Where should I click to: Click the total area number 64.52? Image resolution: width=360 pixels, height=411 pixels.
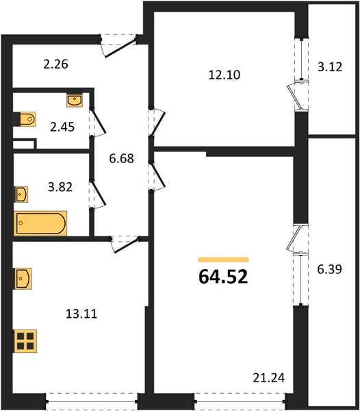pyautogui.click(x=223, y=277)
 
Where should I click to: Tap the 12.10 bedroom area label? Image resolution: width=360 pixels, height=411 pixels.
pyautogui.click(x=224, y=75)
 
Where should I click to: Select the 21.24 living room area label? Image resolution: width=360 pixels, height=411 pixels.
pyautogui.click(x=268, y=378)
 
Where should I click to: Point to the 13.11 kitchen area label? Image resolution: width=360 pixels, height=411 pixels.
pyautogui.click(x=81, y=314)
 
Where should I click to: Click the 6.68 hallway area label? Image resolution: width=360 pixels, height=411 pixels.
pyautogui.click(x=122, y=158)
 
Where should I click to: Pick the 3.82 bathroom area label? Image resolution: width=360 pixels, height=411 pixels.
pyautogui.click(x=60, y=187)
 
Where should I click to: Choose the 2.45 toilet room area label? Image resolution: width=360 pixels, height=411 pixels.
pyautogui.click(x=62, y=127)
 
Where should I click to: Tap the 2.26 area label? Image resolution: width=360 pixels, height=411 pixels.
pyautogui.click(x=55, y=64)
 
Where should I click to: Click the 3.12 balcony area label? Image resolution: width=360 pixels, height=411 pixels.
pyautogui.click(x=330, y=67)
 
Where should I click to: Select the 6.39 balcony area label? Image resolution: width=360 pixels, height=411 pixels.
pyautogui.click(x=330, y=269)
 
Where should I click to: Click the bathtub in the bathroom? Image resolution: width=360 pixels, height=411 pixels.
pyautogui.click(x=40, y=223)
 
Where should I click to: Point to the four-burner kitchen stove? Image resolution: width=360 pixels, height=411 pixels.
pyautogui.click(x=25, y=341)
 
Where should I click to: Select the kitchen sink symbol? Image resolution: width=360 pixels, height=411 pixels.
pyautogui.click(x=23, y=279)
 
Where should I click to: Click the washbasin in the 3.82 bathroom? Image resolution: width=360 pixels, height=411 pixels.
pyautogui.click(x=21, y=195)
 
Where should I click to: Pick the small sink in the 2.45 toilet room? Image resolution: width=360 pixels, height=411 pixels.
pyautogui.click(x=75, y=100)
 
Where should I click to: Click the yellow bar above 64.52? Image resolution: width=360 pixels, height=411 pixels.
pyautogui.click(x=223, y=260)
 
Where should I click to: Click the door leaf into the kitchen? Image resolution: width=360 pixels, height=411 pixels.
pyautogui.click(x=126, y=245)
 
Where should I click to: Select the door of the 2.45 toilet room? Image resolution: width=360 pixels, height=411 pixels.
pyautogui.click(x=99, y=121)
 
